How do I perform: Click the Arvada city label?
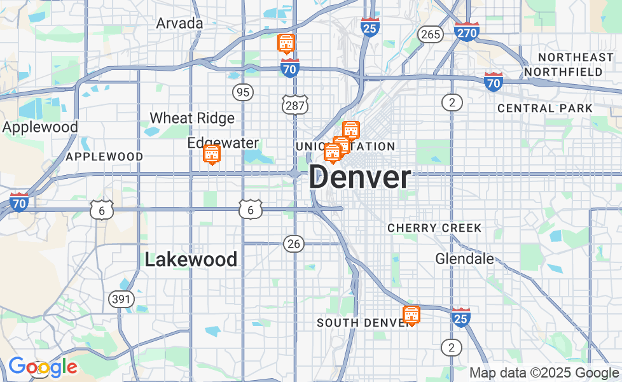pyautogui.click(x=180, y=24)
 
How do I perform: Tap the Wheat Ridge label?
pyautogui.click(x=192, y=118)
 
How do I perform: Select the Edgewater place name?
pyautogui.click(x=223, y=143)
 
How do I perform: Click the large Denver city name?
pyautogui.click(x=360, y=177)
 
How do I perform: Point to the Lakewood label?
pyautogui.click(x=191, y=260)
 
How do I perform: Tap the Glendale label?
pyautogui.click(x=464, y=258)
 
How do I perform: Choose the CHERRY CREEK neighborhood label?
pyautogui.click(x=434, y=228)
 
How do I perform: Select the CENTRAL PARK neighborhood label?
pyautogui.click(x=544, y=108)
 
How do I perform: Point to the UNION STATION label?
pyautogui.click(x=345, y=146)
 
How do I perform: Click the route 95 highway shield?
pyautogui.click(x=242, y=92)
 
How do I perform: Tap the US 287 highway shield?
pyautogui.click(x=295, y=105)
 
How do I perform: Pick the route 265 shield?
pyautogui.click(x=431, y=34)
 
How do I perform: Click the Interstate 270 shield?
pyautogui.click(x=467, y=31)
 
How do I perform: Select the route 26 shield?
pyautogui.click(x=294, y=243)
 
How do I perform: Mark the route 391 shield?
pyautogui.click(x=121, y=299)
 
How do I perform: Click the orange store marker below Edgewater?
pyautogui.click(x=212, y=154)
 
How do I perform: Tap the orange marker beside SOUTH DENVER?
pyautogui.click(x=411, y=315)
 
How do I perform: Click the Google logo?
pyautogui.click(x=43, y=367)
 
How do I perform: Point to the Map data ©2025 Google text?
pyautogui.click(x=544, y=373)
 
